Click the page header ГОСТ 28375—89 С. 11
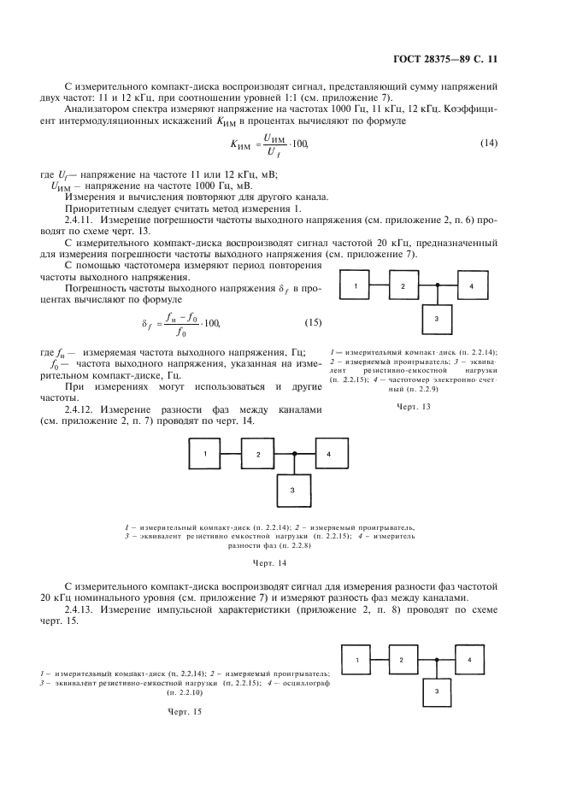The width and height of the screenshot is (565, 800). point(448,59)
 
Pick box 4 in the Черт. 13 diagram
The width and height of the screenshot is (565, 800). point(470,285)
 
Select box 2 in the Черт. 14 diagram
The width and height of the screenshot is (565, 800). point(257,455)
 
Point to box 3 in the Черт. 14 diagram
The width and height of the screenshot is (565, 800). point(292,489)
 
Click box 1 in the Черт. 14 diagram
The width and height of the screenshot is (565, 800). point(206,455)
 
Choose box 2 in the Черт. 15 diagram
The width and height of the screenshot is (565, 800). point(401,661)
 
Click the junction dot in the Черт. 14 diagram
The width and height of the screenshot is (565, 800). point(293,455)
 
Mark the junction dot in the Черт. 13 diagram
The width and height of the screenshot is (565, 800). point(437,285)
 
